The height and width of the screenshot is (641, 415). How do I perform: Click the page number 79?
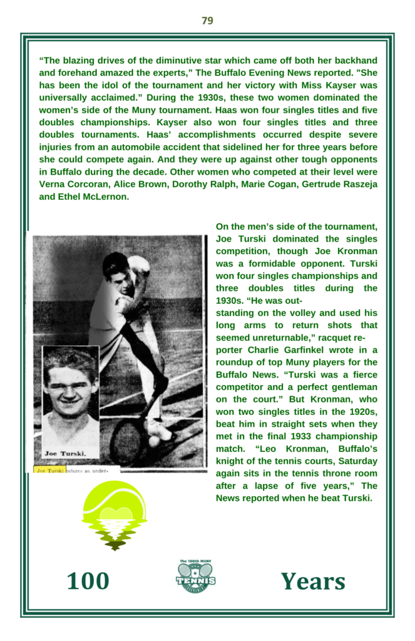click(x=207, y=21)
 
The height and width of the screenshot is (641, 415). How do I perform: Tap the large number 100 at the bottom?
click(x=88, y=582)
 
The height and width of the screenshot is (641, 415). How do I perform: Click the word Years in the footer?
click(x=312, y=582)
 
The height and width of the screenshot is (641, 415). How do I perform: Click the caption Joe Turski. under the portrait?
click(x=64, y=453)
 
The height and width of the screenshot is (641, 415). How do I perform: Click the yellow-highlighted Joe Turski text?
click(x=49, y=469)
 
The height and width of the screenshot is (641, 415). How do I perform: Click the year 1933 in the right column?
click(x=283, y=436)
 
